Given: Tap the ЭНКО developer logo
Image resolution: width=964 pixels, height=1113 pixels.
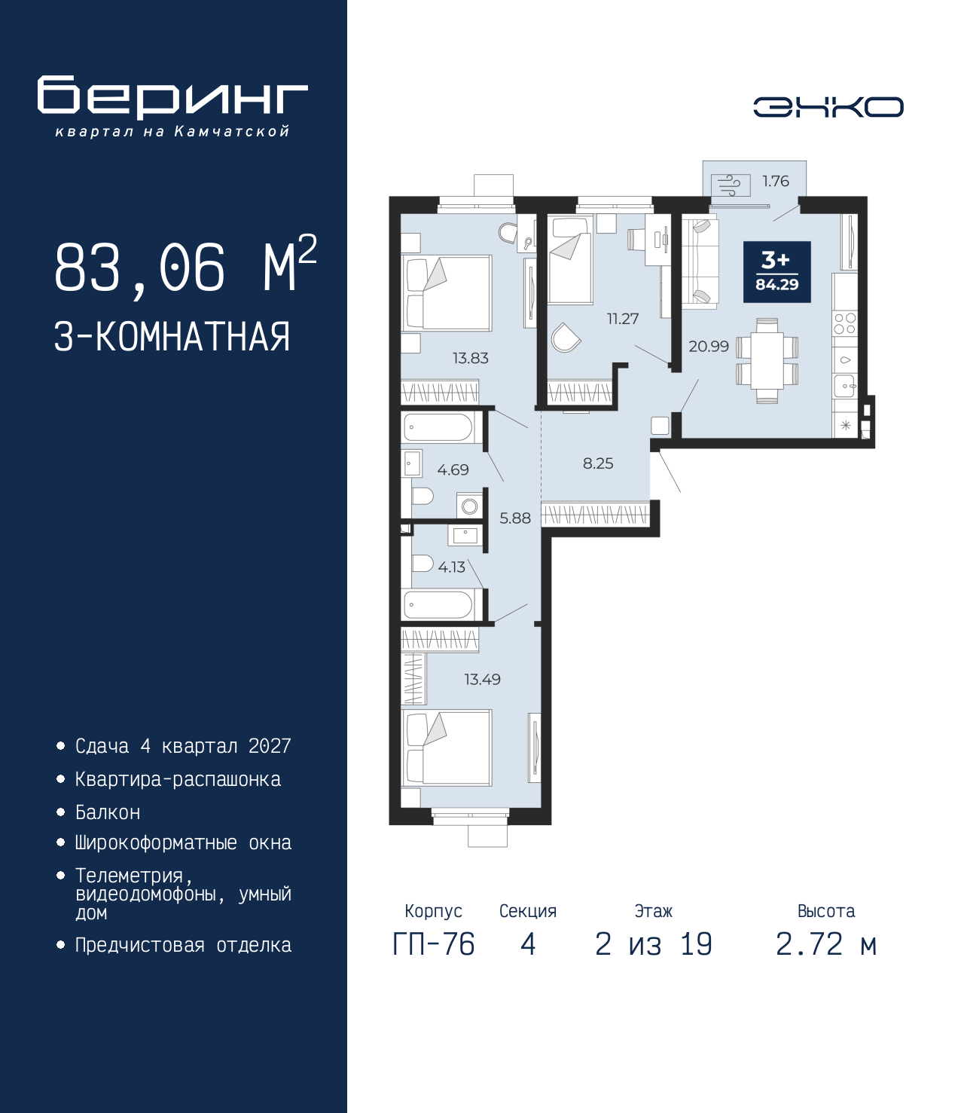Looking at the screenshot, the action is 828,107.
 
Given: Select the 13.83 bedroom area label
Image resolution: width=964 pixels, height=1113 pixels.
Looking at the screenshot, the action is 471,358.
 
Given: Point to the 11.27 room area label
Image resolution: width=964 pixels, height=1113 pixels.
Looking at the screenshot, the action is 623,319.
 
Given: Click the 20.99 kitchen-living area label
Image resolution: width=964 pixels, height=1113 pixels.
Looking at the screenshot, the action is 709,346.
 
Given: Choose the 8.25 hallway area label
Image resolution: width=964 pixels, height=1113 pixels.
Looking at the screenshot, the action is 598,463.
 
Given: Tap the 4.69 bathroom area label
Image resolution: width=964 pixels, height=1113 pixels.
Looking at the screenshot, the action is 453,470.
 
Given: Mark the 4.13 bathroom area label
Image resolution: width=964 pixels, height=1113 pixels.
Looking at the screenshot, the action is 451,567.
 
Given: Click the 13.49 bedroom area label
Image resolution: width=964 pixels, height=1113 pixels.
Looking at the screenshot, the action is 482,680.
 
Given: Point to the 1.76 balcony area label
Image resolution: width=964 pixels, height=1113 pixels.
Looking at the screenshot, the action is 776,182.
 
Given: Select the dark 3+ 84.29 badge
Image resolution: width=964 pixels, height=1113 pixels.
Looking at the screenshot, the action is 776,272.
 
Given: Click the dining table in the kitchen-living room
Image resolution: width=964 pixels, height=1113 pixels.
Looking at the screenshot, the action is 767,360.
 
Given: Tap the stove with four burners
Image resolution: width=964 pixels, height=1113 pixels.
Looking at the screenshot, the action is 844,323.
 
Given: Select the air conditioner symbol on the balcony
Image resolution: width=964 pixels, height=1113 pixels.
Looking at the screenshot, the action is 731,185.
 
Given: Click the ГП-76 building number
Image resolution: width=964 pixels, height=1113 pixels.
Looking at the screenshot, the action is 433,959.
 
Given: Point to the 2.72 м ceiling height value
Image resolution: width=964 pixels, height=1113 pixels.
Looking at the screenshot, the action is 826,959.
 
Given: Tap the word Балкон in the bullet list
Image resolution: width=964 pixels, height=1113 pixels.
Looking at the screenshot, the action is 108,812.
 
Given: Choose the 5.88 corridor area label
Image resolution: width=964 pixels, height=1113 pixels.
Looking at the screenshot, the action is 515,518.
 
